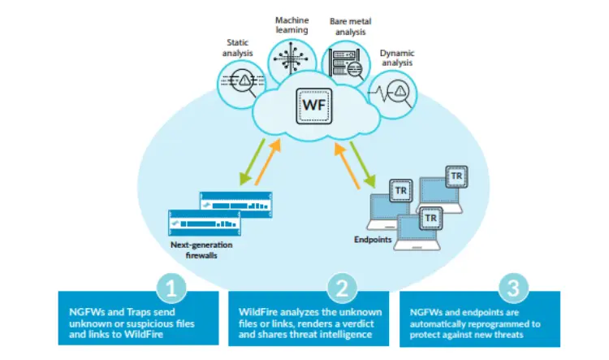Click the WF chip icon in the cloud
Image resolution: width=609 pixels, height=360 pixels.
pyautogui.click(x=313, y=106)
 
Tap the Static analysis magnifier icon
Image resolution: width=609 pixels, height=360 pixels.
pyautogui.click(x=241, y=85)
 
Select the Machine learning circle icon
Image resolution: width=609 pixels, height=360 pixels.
pyautogui.click(x=292, y=59)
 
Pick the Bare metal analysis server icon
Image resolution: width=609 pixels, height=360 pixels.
pyautogui.click(x=346, y=64)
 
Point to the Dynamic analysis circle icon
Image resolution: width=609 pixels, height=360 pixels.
pyautogui.click(x=393, y=94)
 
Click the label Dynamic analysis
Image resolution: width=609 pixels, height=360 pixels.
pyautogui.click(x=397, y=58)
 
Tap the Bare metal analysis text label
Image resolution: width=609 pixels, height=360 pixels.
pyautogui.click(x=350, y=27)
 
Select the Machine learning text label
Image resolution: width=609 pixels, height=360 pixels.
pyautogui.click(x=292, y=25)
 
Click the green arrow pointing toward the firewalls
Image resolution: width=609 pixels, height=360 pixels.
pyautogui.click(x=252, y=162)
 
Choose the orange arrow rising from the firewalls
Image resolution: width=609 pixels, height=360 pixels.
pyautogui.click(x=268, y=162)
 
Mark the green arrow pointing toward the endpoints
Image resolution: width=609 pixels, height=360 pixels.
pyautogui.click(x=363, y=164)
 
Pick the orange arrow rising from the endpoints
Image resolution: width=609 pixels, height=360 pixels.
pyautogui.click(x=347, y=166)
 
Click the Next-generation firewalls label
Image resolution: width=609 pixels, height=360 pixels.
pyautogui.click(x=201, y=250)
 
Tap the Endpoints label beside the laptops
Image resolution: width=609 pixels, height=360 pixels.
pyautogui.click(x=373, y=240)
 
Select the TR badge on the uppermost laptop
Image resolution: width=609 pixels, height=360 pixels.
pyautogui.click(x=456, y=176)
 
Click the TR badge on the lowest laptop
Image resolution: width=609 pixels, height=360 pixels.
pyautogui.click(x=430, y=219)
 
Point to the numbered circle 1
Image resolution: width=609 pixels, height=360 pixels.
pyautogui.click(x=171, y=288)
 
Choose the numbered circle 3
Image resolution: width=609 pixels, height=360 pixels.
pyautogui.click(x=513, y=288)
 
